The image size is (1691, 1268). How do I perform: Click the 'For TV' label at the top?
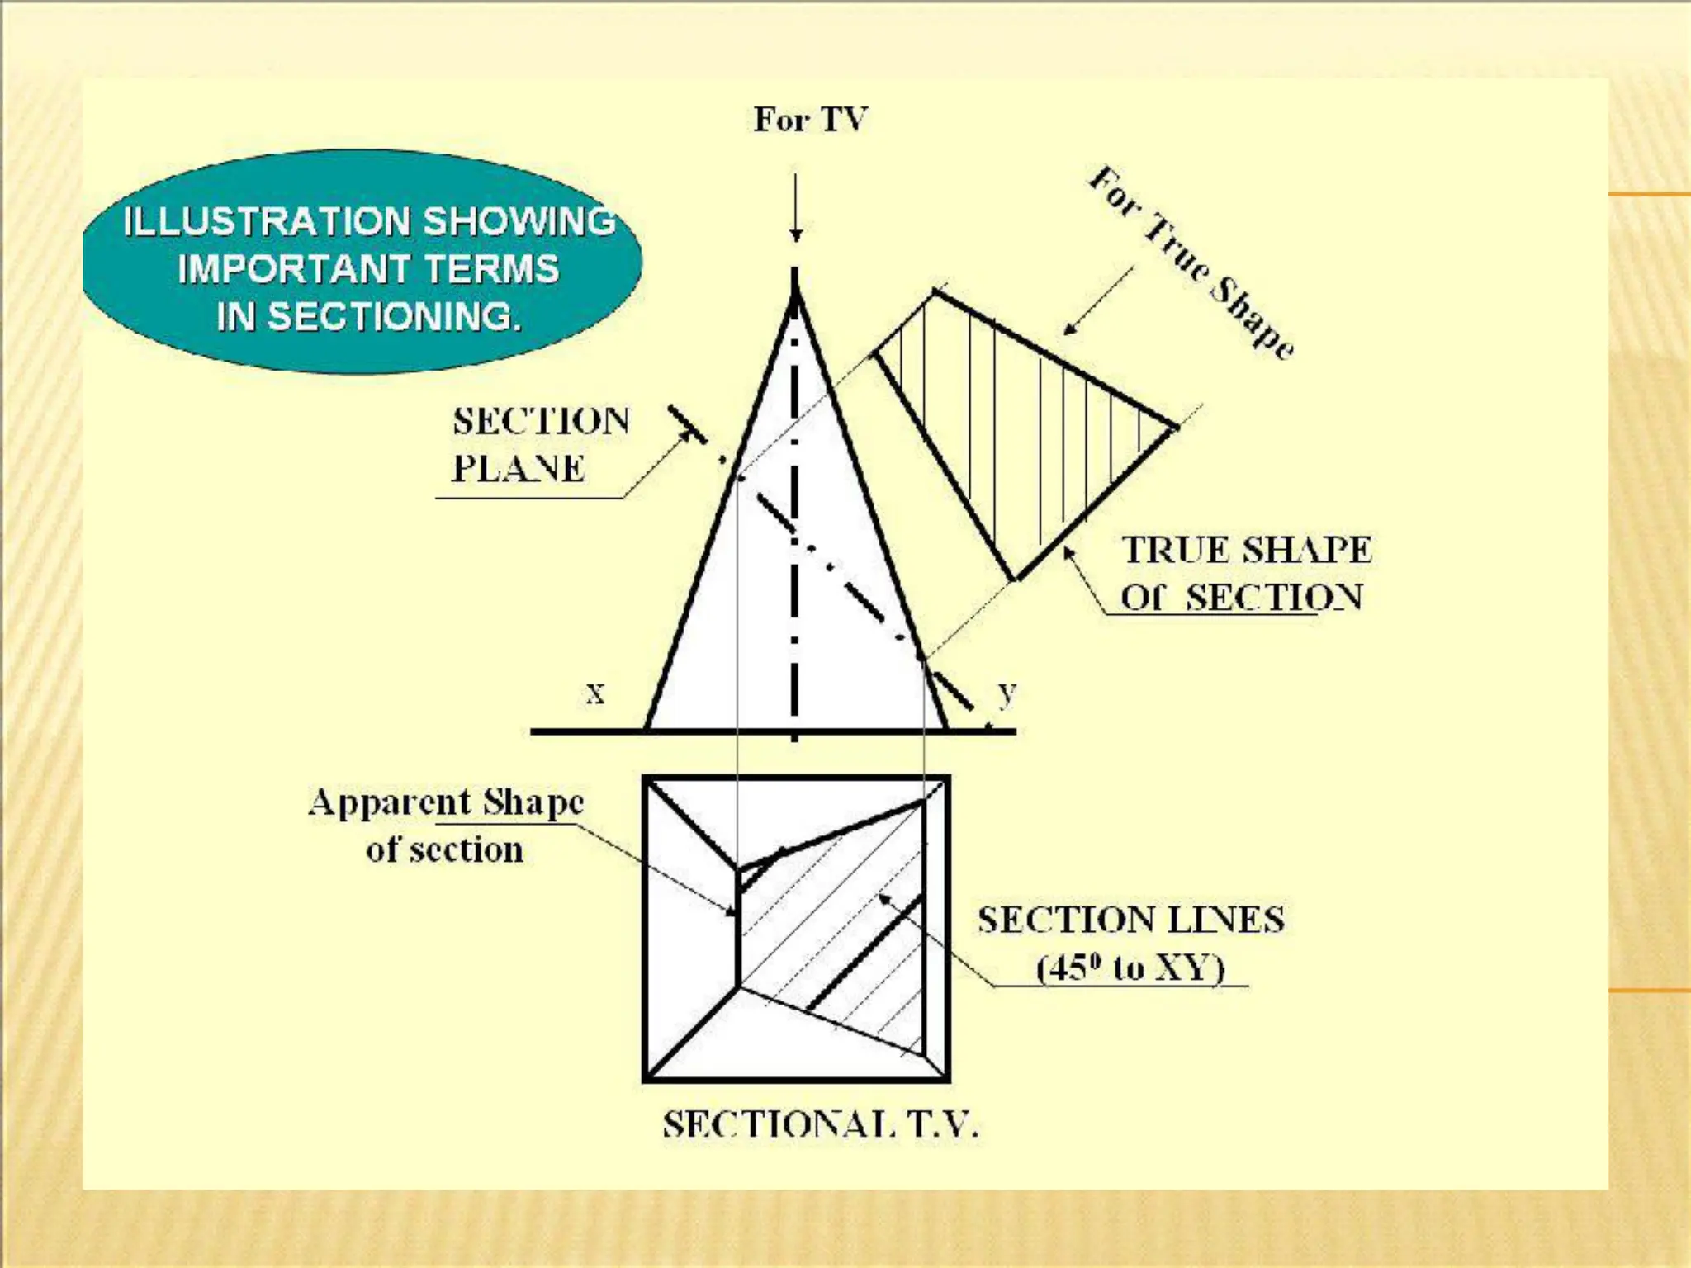click(810, 121)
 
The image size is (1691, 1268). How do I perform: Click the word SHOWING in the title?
click(520, 221)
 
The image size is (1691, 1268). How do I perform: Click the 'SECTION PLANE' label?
click(540, 444)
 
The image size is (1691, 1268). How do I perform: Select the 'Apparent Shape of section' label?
click(446, 825)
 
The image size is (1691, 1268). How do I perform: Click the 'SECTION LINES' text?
click(1131, 920)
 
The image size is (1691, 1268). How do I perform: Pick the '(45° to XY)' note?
click(1130, 968)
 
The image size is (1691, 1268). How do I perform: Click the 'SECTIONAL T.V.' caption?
click(821, 1124)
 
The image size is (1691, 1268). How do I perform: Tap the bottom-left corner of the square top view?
click(646, 1078)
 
